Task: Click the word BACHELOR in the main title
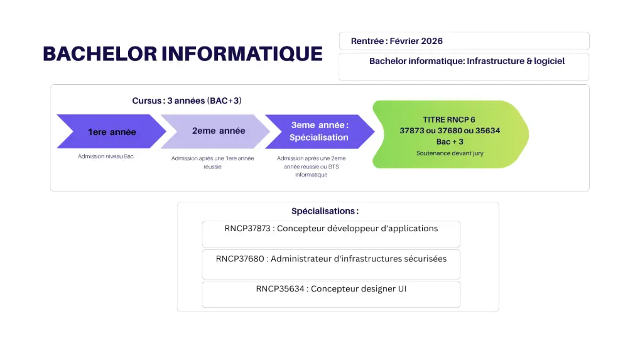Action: click(100, 54)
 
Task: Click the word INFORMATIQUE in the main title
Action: click(242, 54)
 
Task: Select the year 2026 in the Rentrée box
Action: click(432, 41)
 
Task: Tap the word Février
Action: click(404, 41)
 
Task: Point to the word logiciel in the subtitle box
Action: click(550, 61)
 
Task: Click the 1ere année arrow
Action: click(111, 131)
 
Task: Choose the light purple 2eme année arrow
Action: click(215, 131)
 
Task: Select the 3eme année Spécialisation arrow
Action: click(320, 131)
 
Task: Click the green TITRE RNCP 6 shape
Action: click(450, 134)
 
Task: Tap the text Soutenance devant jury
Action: click(450, 153)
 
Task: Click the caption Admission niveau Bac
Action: click(106, 156)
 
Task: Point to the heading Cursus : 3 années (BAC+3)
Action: click(187, 101)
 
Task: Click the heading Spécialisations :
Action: click(325, 211)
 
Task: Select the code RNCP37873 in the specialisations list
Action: click(247, 229)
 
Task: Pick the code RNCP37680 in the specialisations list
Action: click(240, 259)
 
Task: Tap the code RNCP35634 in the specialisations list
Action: click(280, 289)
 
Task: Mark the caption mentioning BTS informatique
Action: click(312, 166)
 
